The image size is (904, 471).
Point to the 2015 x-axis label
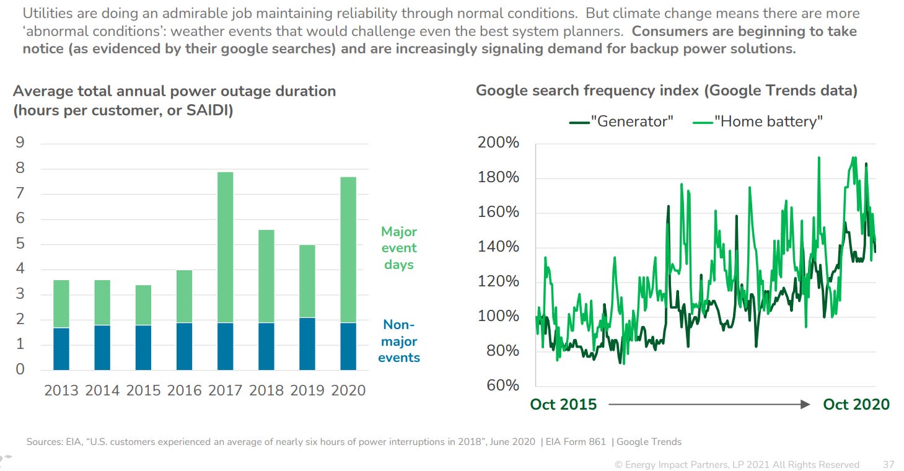click(x=143, y=390)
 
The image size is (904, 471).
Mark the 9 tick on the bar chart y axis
click(x=20, y=143)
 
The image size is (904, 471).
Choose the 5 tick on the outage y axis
click(x=20, y=244)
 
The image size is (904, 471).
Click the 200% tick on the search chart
click(x=498, y=143)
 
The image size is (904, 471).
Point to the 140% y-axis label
click(x=498, y=247)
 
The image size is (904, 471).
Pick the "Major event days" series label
click(x=398, y=248)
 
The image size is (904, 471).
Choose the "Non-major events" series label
click(x=398, y=341)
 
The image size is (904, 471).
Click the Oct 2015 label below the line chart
click(x=563, y=405)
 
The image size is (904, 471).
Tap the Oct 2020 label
click(x=856, y=405)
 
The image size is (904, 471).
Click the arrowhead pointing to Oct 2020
click(x=804, y=405)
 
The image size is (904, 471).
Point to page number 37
click(x=888, y=464)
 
